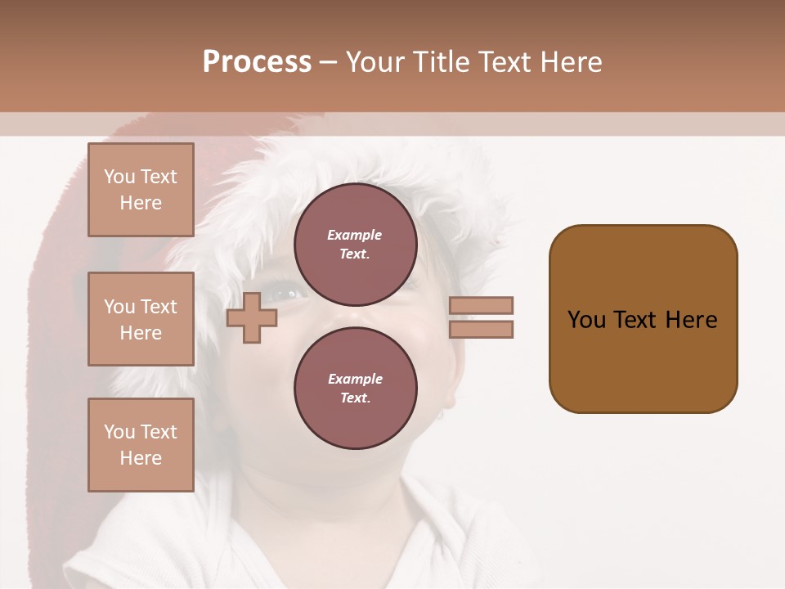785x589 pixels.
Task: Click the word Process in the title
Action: (x=257, y=62)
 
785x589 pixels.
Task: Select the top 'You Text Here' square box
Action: (x=141, y=190)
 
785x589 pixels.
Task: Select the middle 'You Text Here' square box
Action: (x=141, y=319)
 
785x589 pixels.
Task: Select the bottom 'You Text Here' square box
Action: (x=141, y=445)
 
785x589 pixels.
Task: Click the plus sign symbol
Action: (x=252, y=318)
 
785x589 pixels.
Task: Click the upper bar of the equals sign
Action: (x=482, y=305)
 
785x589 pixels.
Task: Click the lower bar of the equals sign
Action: (x=482, y=330)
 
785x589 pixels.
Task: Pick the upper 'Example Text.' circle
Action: (x=355, y=245)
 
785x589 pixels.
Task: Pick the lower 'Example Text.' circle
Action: (x=355, y=389)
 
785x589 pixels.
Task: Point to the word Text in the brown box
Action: (x=635, y=320)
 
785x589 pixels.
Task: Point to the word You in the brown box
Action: (x=586, y=320)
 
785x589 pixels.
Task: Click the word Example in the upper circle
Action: (x=355, y=235)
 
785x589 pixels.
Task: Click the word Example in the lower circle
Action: (x=355, y=379)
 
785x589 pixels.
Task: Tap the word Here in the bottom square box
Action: (x=141, y=458)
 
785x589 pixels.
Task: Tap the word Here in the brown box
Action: (x=691, y=320)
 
